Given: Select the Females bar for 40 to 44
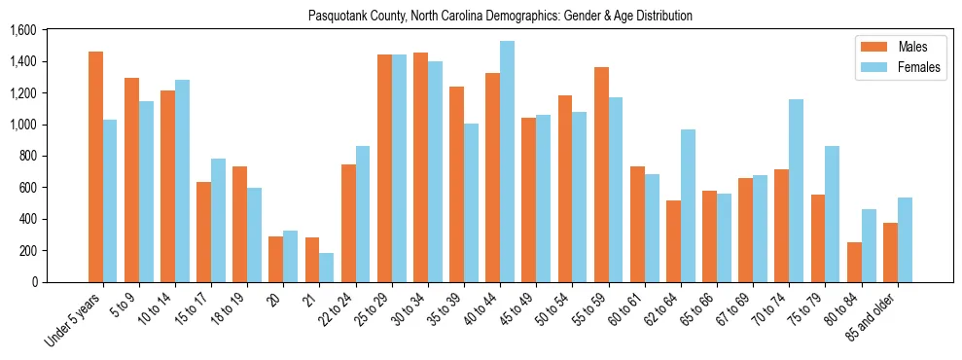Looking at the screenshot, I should pyautogui.click(x=507, y=162).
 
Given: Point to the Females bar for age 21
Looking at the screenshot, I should pyautogui.click(x=326, y=268).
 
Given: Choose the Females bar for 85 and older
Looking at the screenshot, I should pyautogui.click(x=905, y=239).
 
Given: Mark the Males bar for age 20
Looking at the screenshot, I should pyautogui.click(x=276, y=259).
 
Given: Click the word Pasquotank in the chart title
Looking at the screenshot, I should pyautogui.click(x=336, y=16).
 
